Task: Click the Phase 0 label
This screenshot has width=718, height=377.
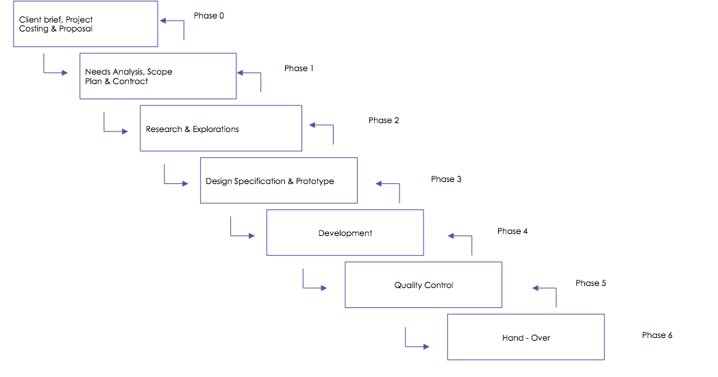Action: click(x=209, y=16)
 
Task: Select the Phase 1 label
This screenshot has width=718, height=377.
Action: click(x=299, y=68)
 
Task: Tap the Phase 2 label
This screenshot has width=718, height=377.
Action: click(x=384, y=120)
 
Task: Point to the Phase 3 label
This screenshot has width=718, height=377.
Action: click(x=446, y=179)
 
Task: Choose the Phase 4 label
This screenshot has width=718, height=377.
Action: click(x=512, y=231)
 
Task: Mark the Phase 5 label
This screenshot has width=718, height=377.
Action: click(x=591, y=283)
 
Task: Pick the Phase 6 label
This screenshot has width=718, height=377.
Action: click(x=657, y=335)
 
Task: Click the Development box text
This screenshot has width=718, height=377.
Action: click(x=345, y=233)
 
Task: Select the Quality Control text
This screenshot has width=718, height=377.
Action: click(x=423, y=285)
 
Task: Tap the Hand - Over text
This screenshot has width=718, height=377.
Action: click(x=526, y=338)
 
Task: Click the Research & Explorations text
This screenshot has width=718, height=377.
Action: click(x=193, y=129)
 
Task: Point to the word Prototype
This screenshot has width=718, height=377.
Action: click(x=315, y=181)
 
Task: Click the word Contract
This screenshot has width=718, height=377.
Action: click(x=130, y=81)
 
